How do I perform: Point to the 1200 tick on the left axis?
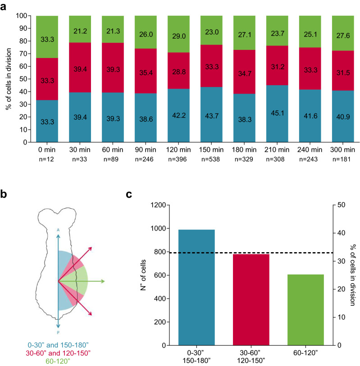[160, 205]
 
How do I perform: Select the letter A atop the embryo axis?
[58, 230]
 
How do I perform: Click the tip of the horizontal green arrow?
[104, 281]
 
